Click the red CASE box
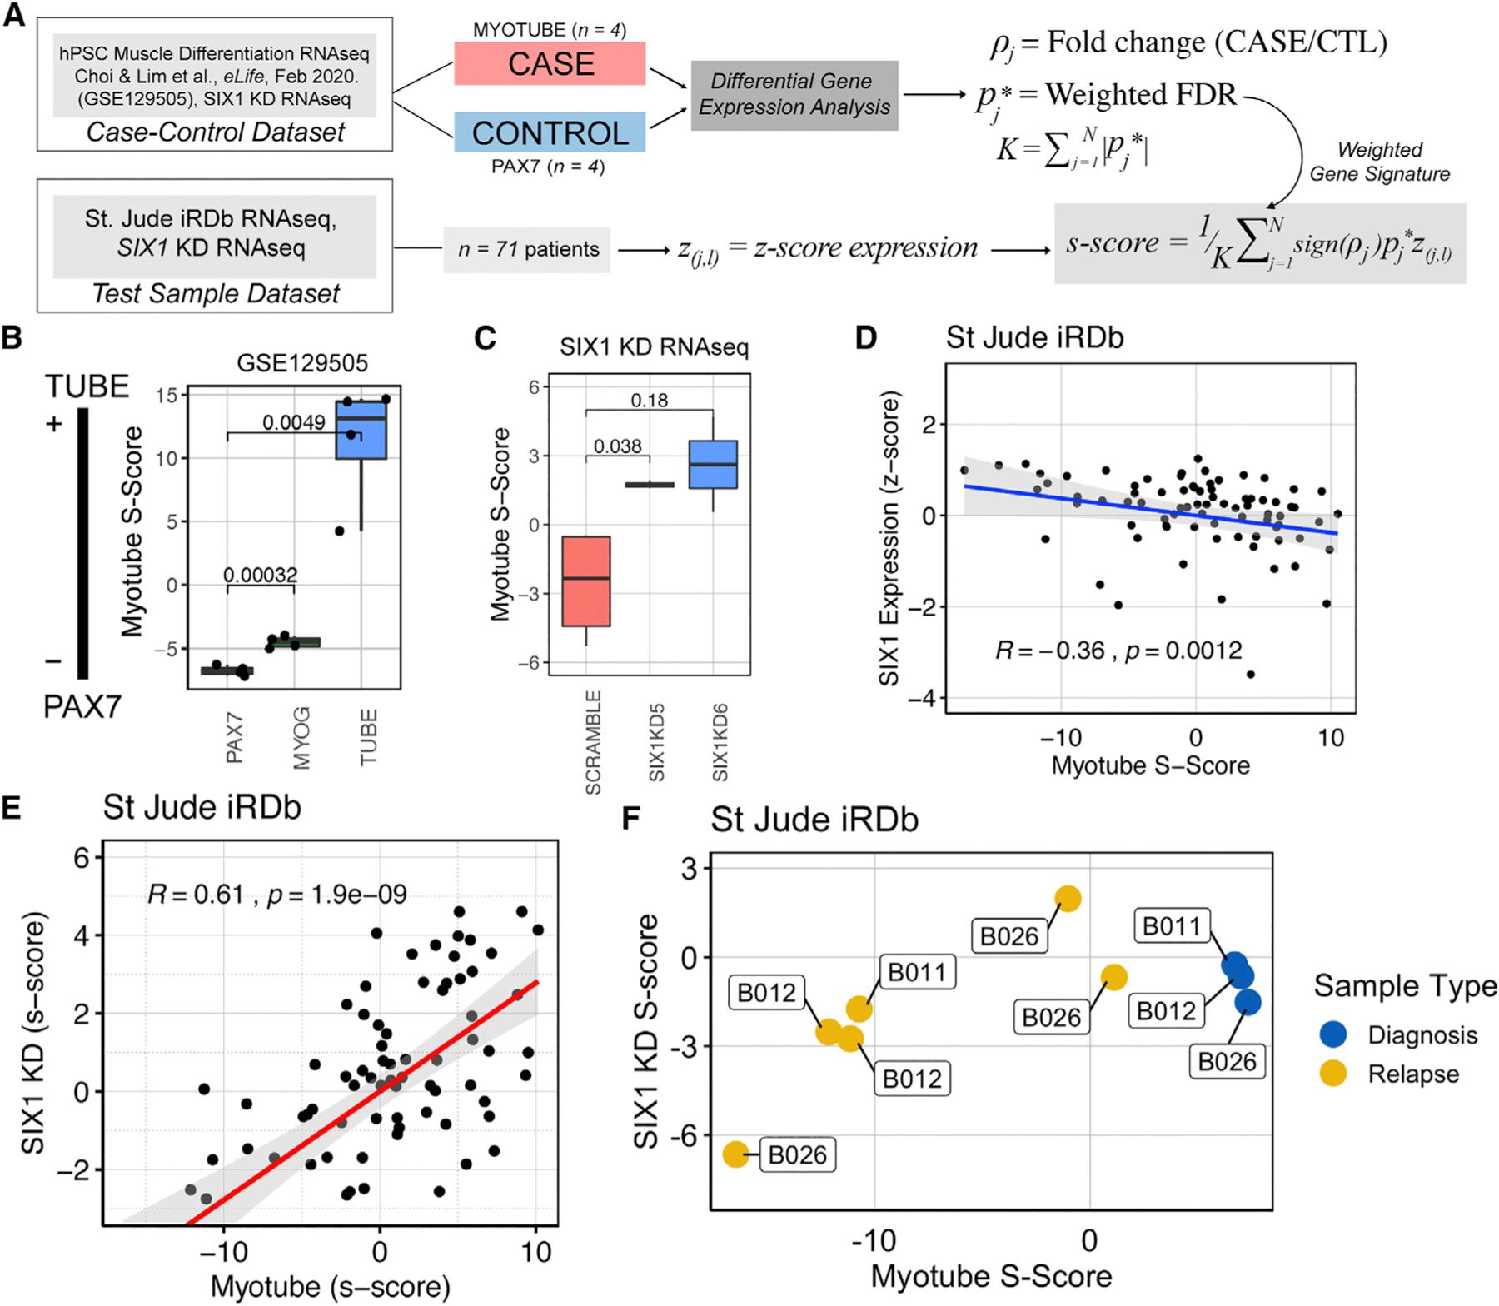pyautogui.click(x=550, y=64)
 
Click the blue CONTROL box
pyautogui.click(x=550, y=132)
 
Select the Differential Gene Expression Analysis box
pyautogui.click(x=794, y=95)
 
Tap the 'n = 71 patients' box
pyautogui.click(x=527, y=249)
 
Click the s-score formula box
pyautogui.click(x=1259, y=243)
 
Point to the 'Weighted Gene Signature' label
pyautogui.click(x=1379, y=162)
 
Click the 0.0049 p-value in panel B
pyautogui.click(x=293, y=422)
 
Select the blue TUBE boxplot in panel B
pyautogui.click(x=361, y=430)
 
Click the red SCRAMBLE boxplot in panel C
pyautogui.click(x=586, y=581)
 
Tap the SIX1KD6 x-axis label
pyautogui.click(x=720, y=741)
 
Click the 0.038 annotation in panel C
pyautogui.click(x=617, y=446)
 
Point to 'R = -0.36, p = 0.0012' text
pyautogui.click(x=1118, y=651)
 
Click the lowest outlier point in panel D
pyautogui.click(x=1250, y=674)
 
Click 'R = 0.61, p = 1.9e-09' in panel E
pyautogui.click(x=276, y=895)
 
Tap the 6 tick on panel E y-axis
pyautogui.click(x=81, y=858)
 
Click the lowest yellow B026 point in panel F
pyautogui.click(x=735, y=1154)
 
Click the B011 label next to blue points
pyautogui.click(x=1171, y=926)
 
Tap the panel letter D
pyautogui.click(x=866, y=338)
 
